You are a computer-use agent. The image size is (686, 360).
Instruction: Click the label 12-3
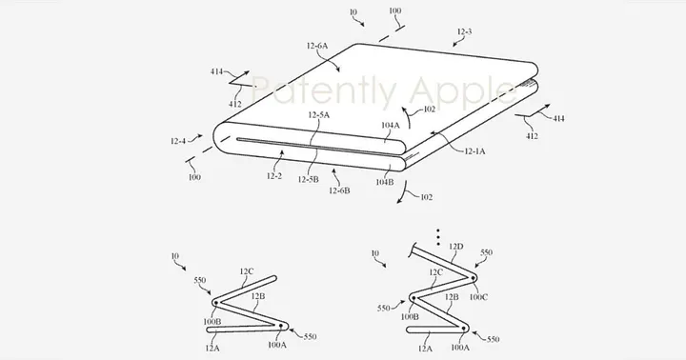click(465, 32)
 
